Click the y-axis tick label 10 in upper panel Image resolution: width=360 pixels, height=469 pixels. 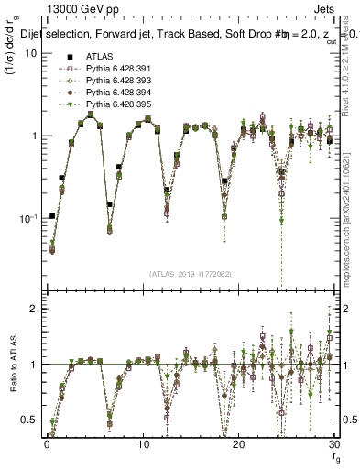[x=29, y=53]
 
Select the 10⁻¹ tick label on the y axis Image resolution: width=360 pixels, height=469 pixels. [x=27, y=218]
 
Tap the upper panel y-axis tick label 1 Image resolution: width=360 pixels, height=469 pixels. [x=32, y=136]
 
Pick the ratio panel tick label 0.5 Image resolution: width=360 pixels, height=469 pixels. [x=28, y=420]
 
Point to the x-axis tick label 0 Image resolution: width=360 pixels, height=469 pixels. [x=47, y=444]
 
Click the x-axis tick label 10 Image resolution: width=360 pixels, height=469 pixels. [x=143, y=444]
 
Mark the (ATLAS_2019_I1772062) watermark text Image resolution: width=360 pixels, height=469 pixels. [x=191, y=274]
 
